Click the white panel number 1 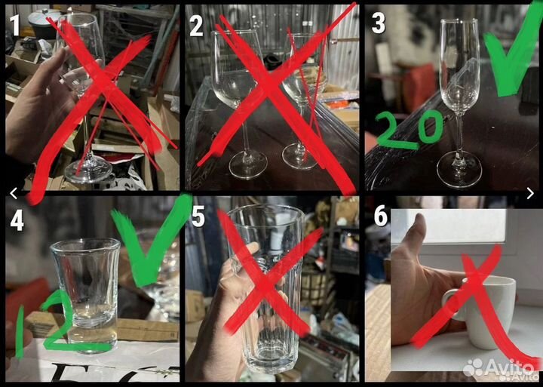pyautogui.click(x=14, y=26)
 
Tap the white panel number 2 pyautogui.click(x=196, y=26)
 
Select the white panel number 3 pyautogui.click(x=378, y=23)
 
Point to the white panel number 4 pyautogui.click(x=17, y=221)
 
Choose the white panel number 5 pyautogui.click(x=198, y=217)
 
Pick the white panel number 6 pyautogui.click(x=380, y=217)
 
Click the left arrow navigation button pyautogui.click(x=14, y=193)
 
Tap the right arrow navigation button pyautogui.click(x=530, y=193)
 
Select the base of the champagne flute pyautogui.click(x=459, y=170)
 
